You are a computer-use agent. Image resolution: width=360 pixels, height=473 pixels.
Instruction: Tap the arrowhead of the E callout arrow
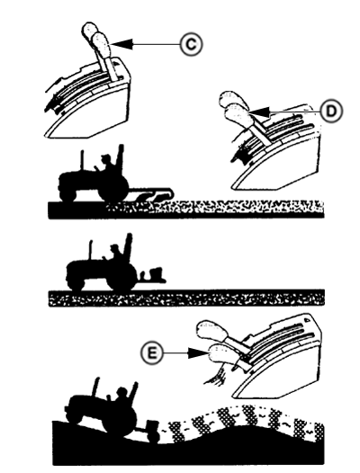(x=195, y=355)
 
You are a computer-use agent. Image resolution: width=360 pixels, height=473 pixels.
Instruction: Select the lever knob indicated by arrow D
(x=236, y=113)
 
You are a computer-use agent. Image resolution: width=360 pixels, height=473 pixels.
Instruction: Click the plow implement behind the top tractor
(x=157, y=194)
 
